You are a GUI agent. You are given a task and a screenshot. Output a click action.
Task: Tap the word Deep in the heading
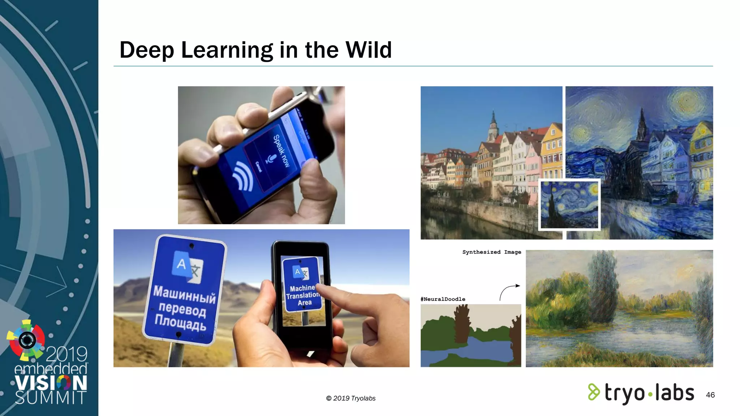[147, 50]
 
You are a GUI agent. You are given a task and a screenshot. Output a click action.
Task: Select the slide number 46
[710, 395]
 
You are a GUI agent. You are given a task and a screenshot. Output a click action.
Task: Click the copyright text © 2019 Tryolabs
[350, 398]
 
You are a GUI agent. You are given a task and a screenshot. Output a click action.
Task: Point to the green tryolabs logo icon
[594, 392]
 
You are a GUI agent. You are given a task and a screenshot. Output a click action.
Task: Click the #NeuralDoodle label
[443, 299]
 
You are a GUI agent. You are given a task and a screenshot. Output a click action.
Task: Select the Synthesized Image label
[491, 252]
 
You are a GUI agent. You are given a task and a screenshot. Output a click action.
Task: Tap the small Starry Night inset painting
[569, 204]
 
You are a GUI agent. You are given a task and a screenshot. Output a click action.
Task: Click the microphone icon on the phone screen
[271, 159]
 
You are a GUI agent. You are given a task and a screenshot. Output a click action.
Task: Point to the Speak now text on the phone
[281, 151]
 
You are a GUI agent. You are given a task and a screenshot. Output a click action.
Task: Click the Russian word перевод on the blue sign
[182, 309]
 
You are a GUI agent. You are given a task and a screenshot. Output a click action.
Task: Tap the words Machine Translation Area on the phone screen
[303, 295]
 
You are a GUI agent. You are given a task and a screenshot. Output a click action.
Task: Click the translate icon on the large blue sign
[188, 268]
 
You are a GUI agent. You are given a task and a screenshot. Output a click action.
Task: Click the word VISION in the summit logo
[51, 383]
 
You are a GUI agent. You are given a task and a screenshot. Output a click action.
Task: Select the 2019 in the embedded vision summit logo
[66, 354]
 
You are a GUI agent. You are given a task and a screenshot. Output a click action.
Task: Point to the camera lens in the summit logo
[27, 340]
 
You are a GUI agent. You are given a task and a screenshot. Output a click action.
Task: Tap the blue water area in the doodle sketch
[473, 348]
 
